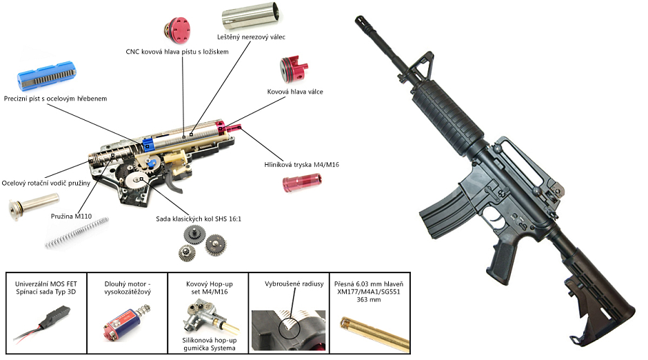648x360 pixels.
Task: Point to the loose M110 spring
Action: point(77,233)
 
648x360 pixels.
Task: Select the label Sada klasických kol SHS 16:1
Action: point(197,220)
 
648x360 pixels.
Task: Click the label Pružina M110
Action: point(72,216)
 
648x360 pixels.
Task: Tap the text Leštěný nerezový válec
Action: point(251,37)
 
